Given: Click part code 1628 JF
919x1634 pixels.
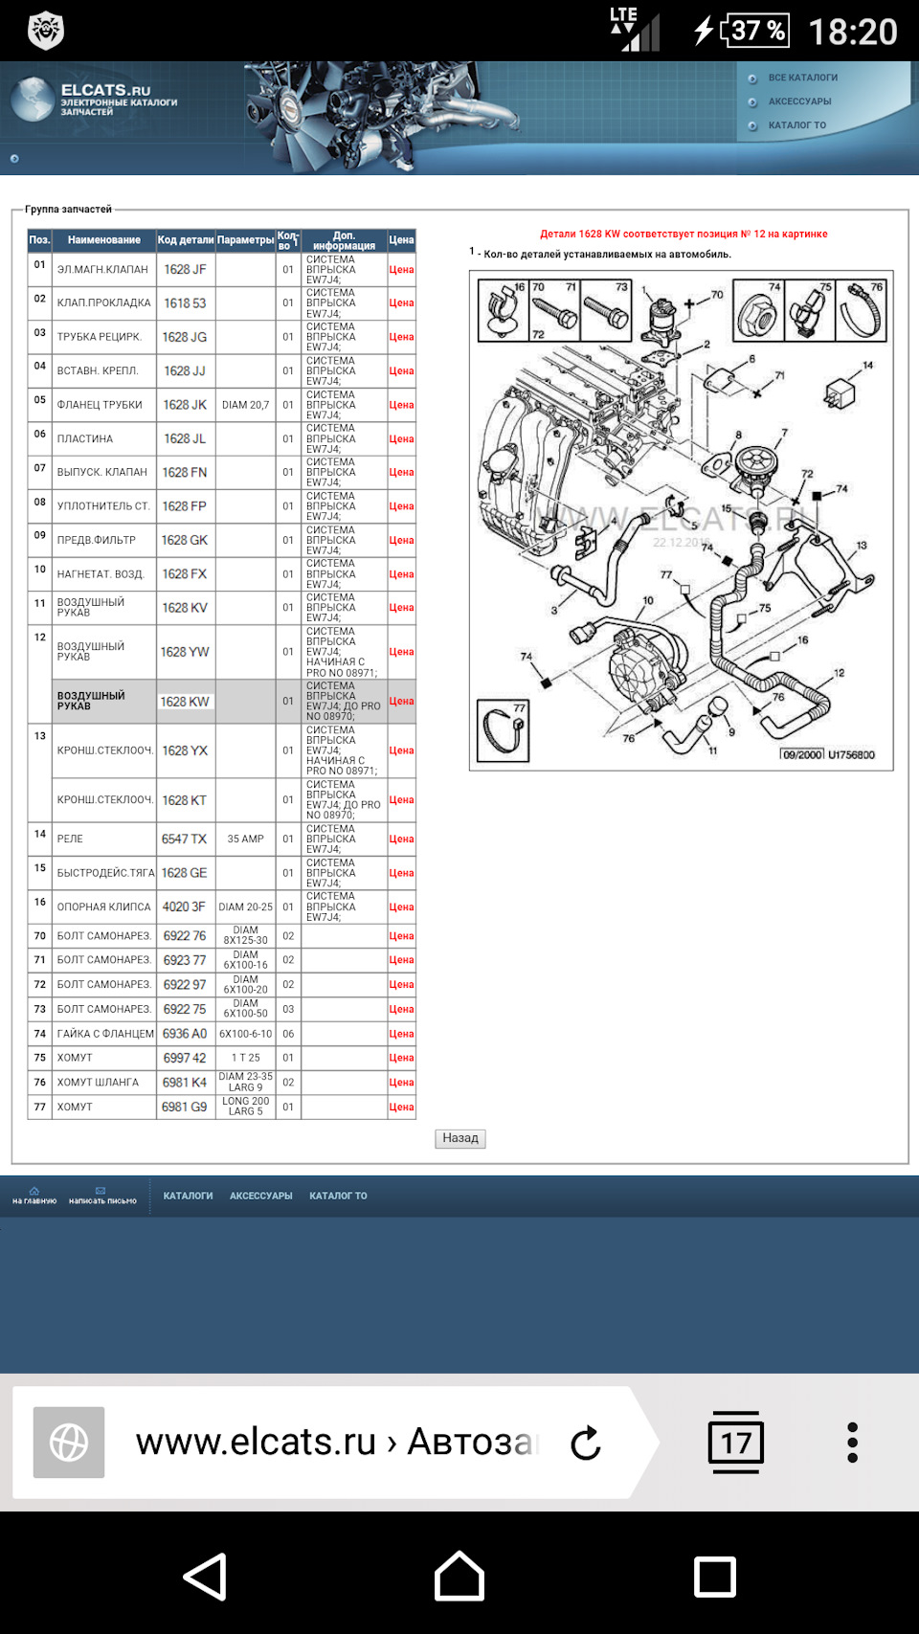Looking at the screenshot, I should pyautogui.click(x=185, y=270).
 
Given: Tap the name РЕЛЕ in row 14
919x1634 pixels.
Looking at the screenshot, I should pyautogui.click(x=70, y=839).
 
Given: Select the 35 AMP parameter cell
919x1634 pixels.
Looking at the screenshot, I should pyautogui.click(x=245, y=839).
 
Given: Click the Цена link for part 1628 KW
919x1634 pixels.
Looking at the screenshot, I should pyautogui.click(x=401, y=702).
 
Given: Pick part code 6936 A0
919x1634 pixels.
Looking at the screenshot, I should pyautogui.click(x=185, y=1034).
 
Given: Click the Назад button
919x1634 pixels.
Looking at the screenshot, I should pyautogui.click(x=460, y=1138).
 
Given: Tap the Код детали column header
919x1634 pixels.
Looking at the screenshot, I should pyautogui.click(x=186, y=240).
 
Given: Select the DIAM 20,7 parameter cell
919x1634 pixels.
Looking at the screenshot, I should pyautogui.click(x=245, y=405).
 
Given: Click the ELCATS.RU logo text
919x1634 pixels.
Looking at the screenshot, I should pyautogui.click(x=105, y=90).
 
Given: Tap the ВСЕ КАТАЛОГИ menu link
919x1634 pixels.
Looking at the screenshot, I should pyautogui.click(x=802, y=78).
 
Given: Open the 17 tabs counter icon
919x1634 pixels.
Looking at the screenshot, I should pyautogui.click(x=735, y=1442).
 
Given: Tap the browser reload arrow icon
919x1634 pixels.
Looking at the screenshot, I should pyautogui.click(x=585, y=1443).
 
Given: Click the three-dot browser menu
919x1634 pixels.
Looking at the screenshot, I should pyautogui.click(x=852, y=1442).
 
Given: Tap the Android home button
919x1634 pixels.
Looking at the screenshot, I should pyautogui.click(x=459, y=1577).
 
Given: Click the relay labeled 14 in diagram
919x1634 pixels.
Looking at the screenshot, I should pyautogui.click(x=841, y=391).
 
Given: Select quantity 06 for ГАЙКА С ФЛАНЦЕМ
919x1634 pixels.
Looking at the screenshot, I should pyautogui.click(x=288, y=1034).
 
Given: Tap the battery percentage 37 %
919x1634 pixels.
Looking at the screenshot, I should pyautogui.click(x=758, y=31).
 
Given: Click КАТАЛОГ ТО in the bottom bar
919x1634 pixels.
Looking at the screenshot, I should pyautogui.click(x=338, y=1196).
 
